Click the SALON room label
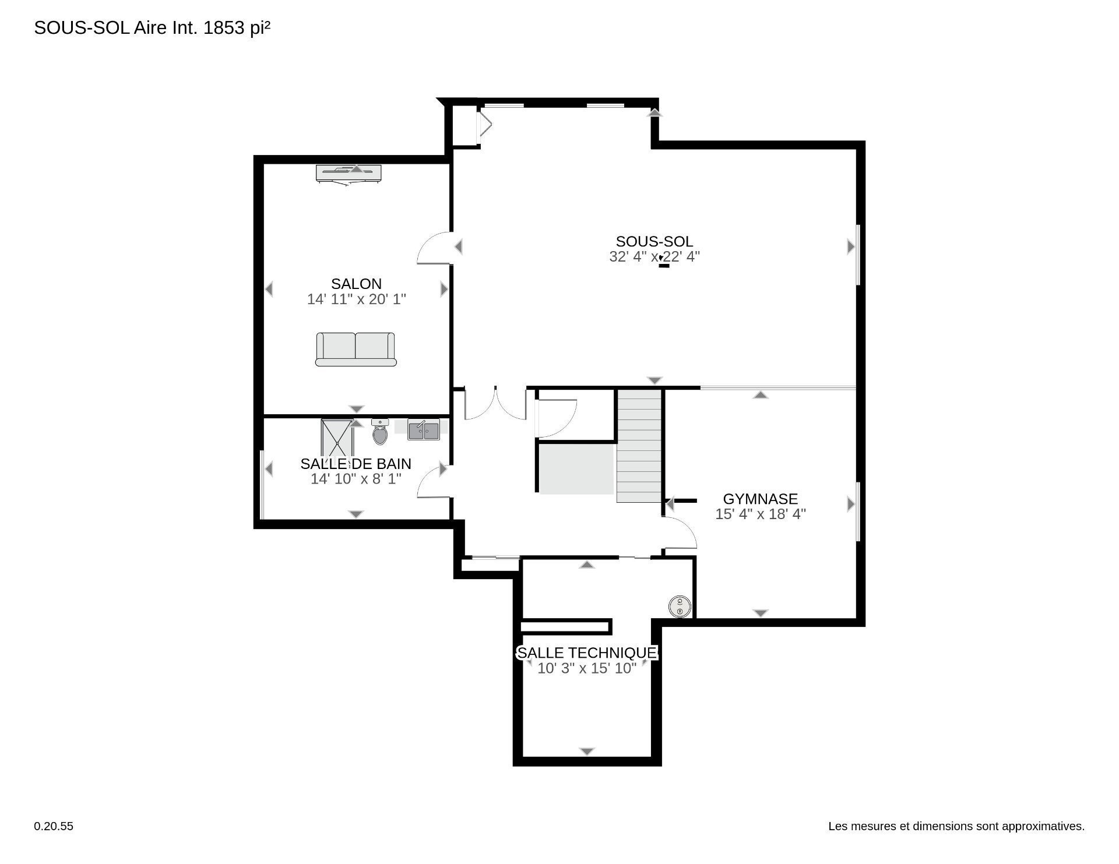(356, 284)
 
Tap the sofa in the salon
(356, 350)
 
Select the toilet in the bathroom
(380, 432)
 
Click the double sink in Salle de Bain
(424, 430)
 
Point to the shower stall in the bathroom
(337, 438)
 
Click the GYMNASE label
(761, 499)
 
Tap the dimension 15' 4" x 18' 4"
(761, 514)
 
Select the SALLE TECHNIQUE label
(587, 653)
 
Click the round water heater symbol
(679, 606)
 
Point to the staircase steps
(639, 446)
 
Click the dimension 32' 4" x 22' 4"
(654, 256)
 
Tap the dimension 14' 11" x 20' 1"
(356, 299)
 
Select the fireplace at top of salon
(349, 174)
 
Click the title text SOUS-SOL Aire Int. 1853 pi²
(152, 28)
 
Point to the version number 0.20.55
(54, 826)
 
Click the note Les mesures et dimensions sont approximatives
(956, 826)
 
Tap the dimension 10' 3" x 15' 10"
(587, 668)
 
